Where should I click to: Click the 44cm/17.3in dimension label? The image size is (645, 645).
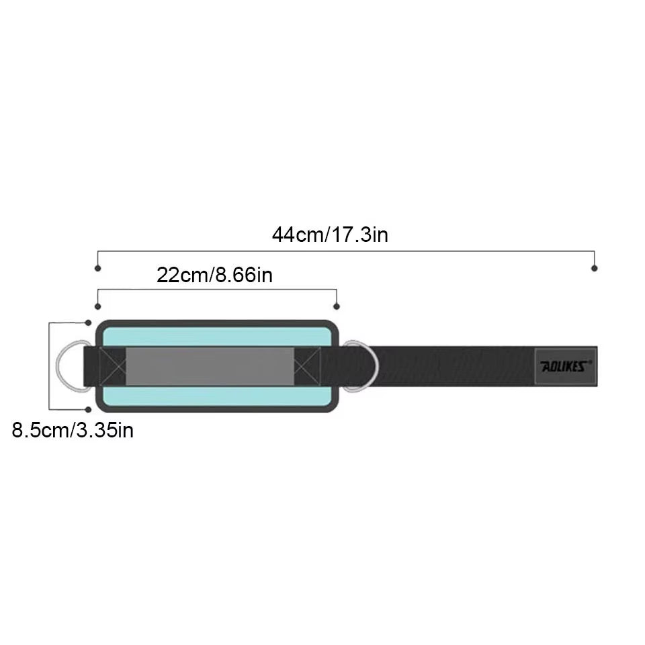point(330,234)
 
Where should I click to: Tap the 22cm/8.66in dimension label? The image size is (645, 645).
point(214,275)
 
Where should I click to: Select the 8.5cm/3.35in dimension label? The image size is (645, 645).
point(73,430)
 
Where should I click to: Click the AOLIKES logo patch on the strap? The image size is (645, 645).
point(565,366)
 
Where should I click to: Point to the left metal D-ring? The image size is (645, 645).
point(67,366)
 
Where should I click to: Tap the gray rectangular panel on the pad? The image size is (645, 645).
point(210,366)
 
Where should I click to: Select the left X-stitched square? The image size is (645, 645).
point(112,366)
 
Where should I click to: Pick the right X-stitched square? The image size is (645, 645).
point(308,366)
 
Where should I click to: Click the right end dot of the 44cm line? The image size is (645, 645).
point(594,268)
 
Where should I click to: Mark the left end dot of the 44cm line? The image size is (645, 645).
point(98,268)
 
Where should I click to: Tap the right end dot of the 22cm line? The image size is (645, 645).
point(337,306)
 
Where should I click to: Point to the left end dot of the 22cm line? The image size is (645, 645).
point(98,306)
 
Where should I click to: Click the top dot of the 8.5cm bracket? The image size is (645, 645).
point(88,323)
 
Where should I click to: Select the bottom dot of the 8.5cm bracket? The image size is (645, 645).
point(88,409)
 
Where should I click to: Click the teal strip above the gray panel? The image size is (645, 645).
point(215,337)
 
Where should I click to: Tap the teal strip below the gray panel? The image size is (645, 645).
point(215,396)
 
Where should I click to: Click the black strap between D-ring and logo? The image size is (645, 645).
point(457,366)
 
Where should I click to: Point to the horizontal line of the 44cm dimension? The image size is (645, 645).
point(346,252)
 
